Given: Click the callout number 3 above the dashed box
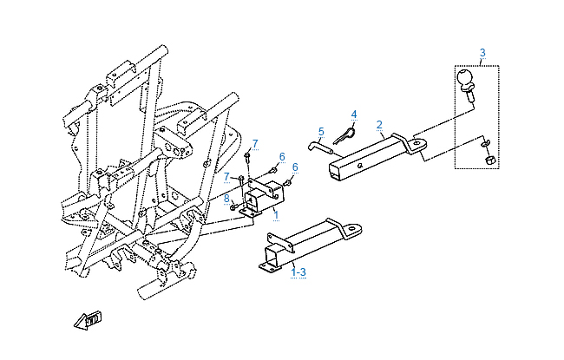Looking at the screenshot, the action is [x=482, y=53].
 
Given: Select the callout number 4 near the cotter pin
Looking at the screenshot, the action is [x=354, y=115].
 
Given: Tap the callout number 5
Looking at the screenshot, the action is [x=321, y=132].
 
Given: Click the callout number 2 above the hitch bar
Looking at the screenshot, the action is [x=379, y=124].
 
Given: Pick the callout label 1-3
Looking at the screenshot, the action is [x=298, y=272].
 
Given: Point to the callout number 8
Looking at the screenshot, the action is [x=226, y=198].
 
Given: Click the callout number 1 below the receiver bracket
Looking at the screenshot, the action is [x=276, y=215].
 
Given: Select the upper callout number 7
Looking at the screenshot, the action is [x=255, y=144].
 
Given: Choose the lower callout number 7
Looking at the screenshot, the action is [x=226, y=177].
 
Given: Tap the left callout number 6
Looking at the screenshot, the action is [x=282, y=156].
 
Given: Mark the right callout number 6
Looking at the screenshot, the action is [x=295, y=167].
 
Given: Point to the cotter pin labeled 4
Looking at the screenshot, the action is [x=344, y=136].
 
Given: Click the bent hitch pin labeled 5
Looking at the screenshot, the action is [x=321, y=147].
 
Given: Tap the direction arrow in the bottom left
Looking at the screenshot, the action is [x=88, y=320].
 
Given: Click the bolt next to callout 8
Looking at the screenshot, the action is [x=234, y=206].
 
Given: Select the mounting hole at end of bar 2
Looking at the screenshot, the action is [x=416, y=143].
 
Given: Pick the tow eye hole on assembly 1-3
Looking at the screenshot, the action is [x=354, y=228].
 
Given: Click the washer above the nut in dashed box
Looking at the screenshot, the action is [x=484, y=144].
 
